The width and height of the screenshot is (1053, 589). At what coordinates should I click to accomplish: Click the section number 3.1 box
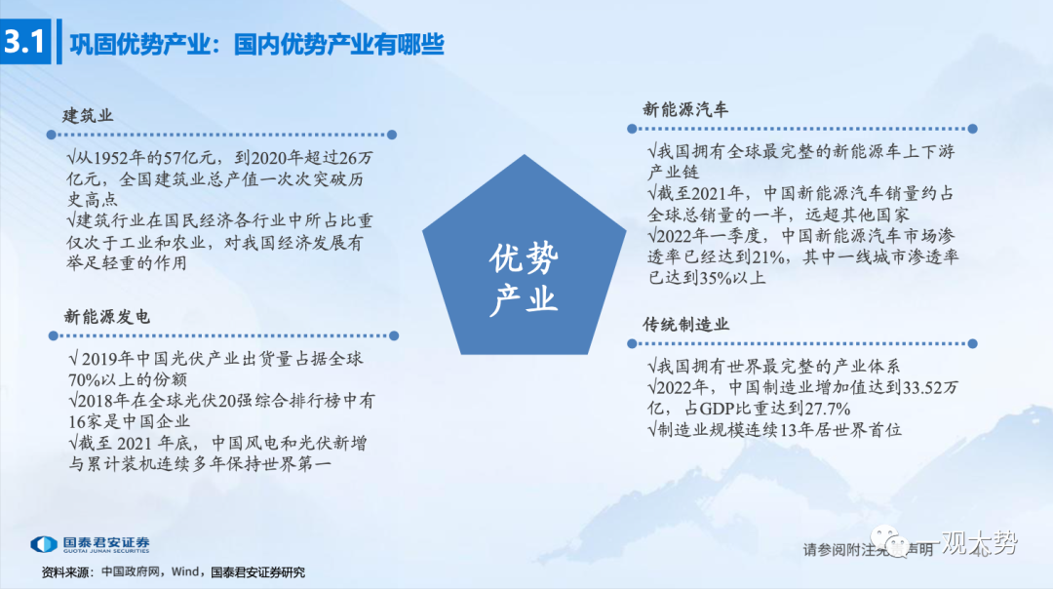(x=25, y=42)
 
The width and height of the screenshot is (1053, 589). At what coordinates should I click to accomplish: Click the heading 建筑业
(x=88, y=115)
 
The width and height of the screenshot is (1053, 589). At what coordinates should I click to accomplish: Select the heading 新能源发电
(x=107, y=316)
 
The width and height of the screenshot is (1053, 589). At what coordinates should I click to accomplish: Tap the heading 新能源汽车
(x=685, y=109)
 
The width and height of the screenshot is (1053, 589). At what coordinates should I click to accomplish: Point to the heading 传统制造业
(x=685, y=325)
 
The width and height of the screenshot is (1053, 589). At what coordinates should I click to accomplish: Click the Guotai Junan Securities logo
(x=90, y=544)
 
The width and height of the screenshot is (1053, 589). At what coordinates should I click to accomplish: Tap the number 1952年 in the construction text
(x=120, y=158)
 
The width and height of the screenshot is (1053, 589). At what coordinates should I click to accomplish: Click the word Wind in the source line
(x=185, y=572)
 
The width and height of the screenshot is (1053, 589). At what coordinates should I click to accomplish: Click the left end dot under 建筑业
(x=51, y=135)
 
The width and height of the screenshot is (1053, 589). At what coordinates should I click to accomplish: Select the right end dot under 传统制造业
(x=972, y=344)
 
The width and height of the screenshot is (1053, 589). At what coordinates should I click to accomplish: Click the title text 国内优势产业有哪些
(x=339, y=44)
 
